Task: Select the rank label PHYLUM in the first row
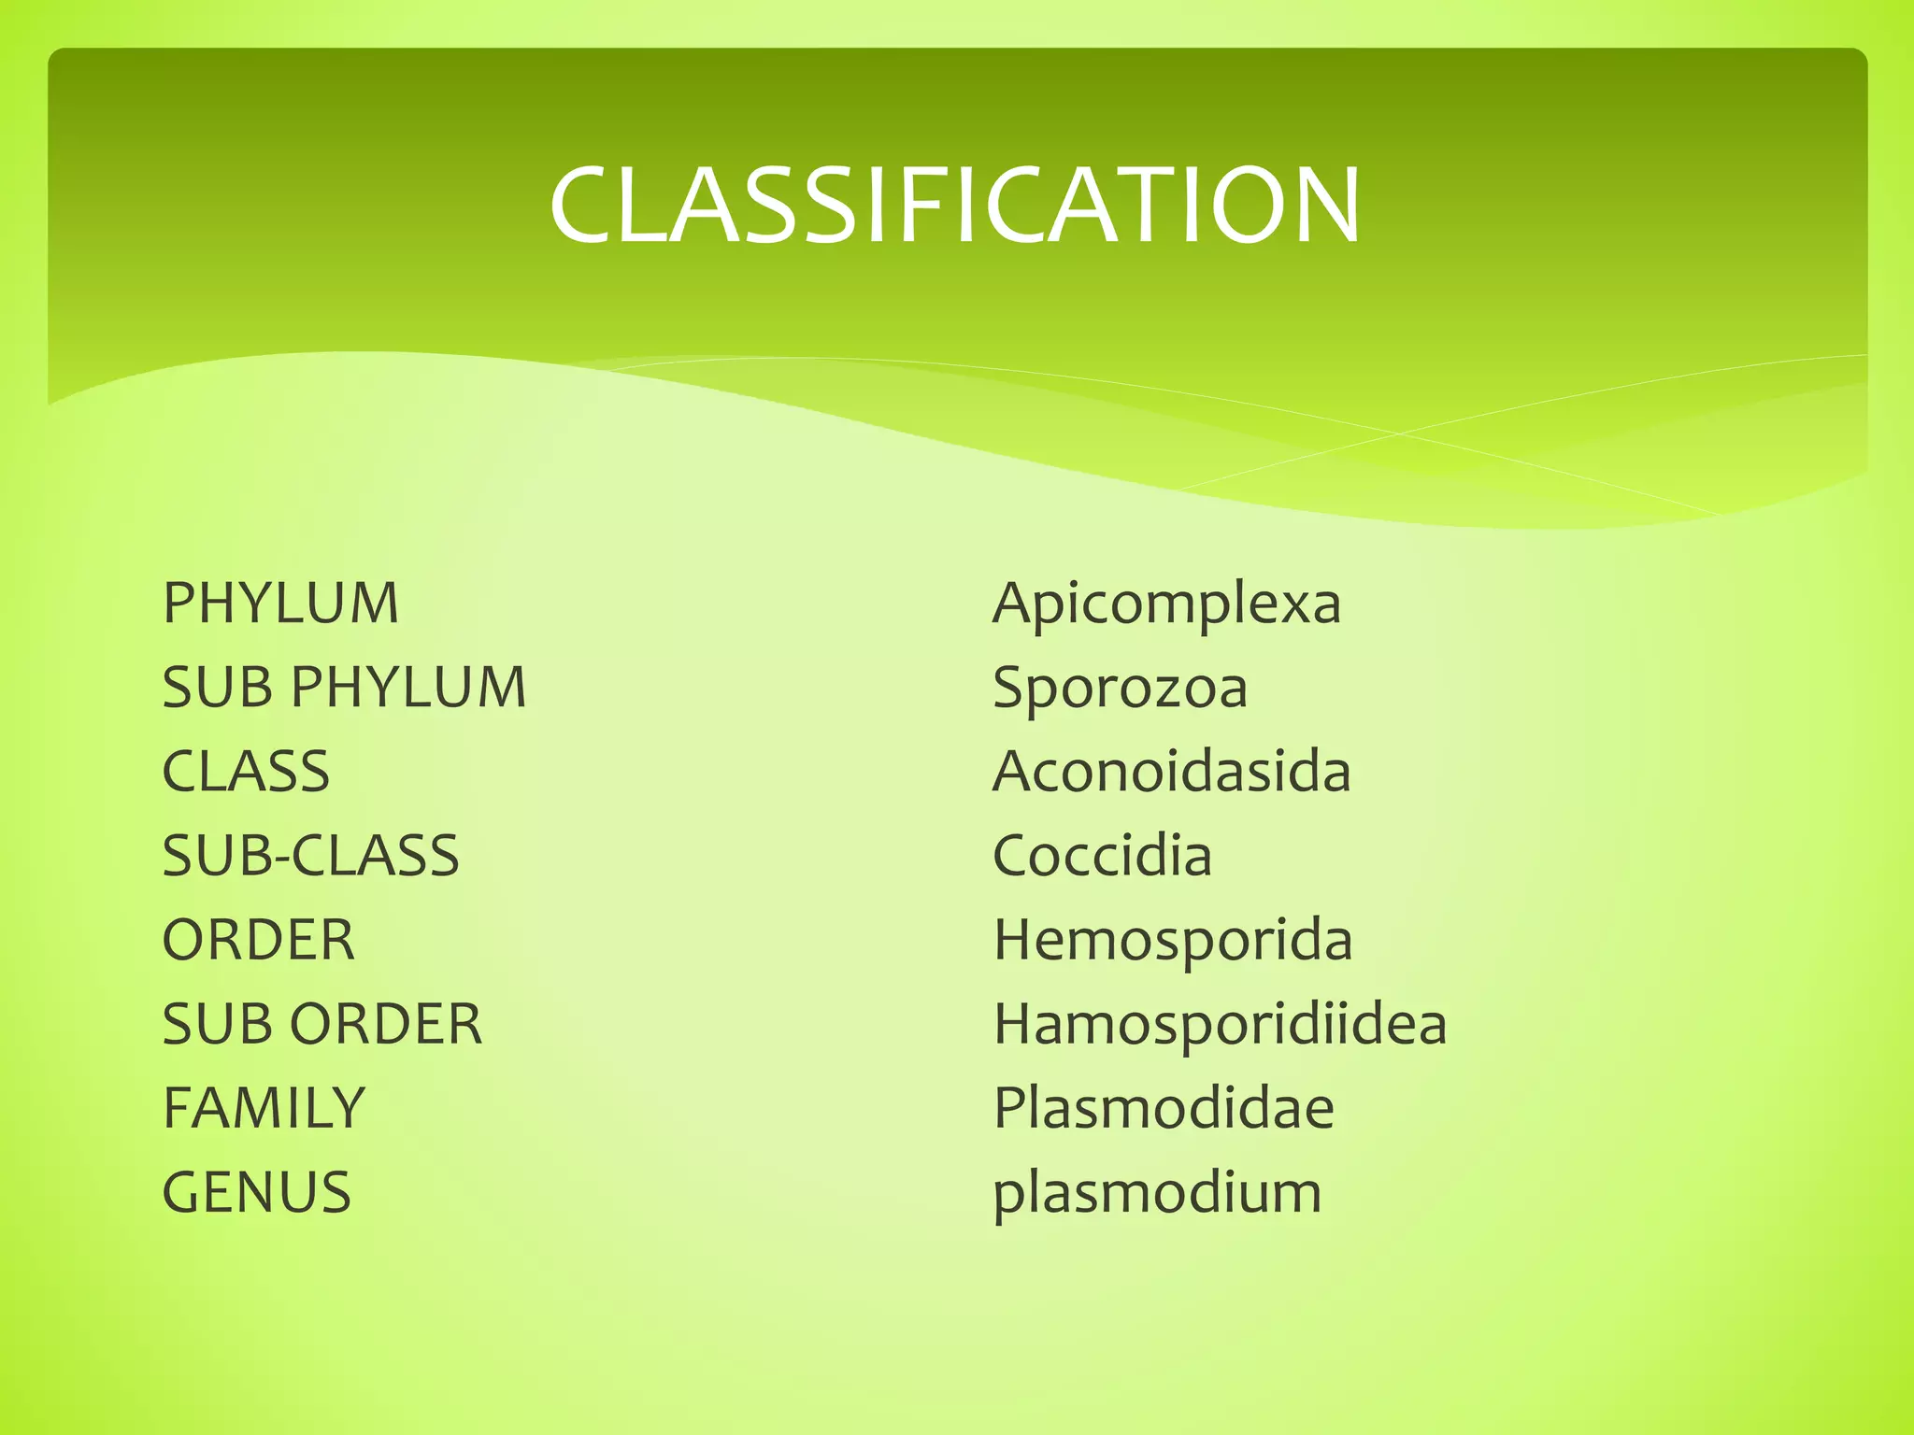coord(280,604)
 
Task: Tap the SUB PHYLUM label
coord(344,688)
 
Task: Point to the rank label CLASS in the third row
coord(246,772)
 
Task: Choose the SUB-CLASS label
coord(310,856)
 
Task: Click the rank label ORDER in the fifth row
coord(259,940)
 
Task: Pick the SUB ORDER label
coord(322,1024)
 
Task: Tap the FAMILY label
coord(264,1108)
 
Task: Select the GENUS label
coord(257,1192)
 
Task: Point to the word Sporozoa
coord(1120,689)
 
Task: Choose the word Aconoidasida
coord(1172,772)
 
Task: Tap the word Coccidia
coord(1103,856)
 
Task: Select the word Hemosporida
coord(1173,940)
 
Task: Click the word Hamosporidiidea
coord(1220,1024)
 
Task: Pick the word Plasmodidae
coord(1164,1108)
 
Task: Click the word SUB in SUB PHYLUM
coord(218,688)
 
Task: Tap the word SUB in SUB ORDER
coord(218,1024)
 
